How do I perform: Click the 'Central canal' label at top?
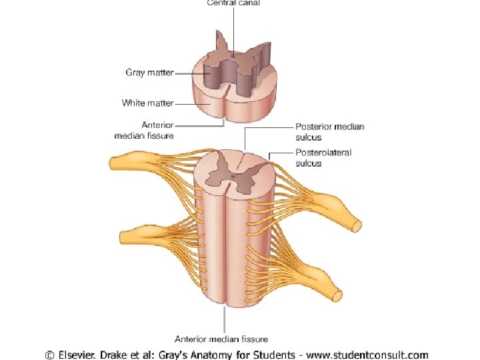[x=233, y=3]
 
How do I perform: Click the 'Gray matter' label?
[x=149, y=73]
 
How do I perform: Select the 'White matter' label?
[x=147, y=103]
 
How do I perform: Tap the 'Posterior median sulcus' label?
[x=329, y=131]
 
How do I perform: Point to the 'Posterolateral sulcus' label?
[x=323, y=157]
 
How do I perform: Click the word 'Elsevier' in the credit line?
[x=78, y=354]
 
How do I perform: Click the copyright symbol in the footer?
[x=49, y=354]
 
